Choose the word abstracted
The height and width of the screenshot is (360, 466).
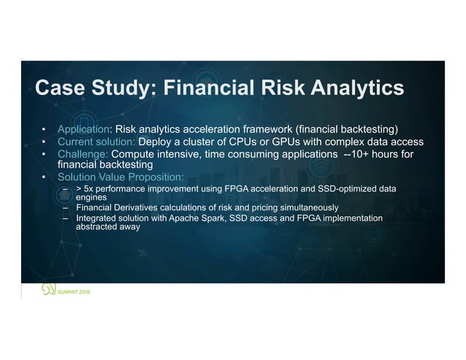click(x=95, y=226)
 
